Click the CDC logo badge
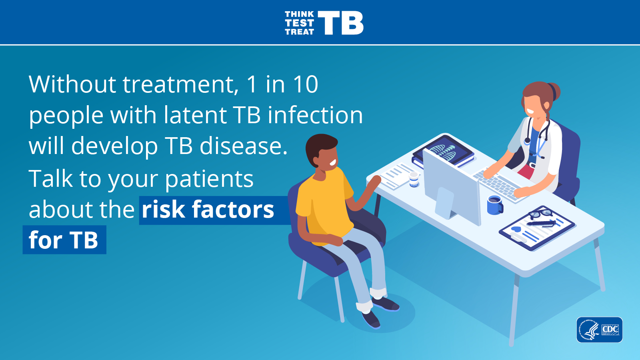(600, 330)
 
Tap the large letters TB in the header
(340, 23)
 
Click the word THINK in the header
(299, 14)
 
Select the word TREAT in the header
(300, 32)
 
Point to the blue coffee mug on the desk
(495, 205)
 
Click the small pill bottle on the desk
(414, 180)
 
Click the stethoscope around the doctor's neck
(538, 138)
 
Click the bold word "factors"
(233, 209)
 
